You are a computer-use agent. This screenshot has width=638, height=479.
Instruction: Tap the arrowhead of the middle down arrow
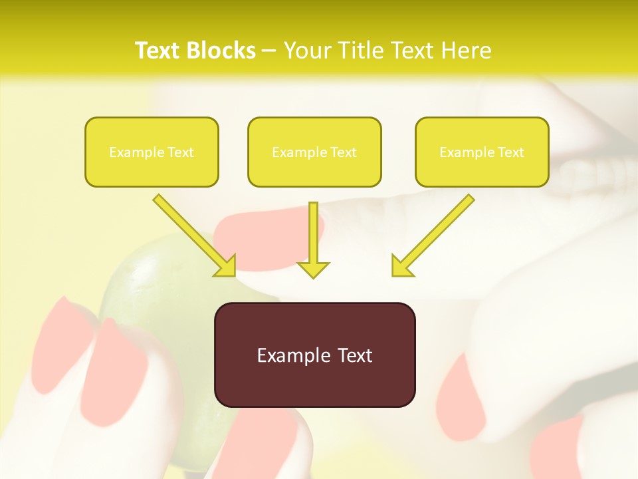313,269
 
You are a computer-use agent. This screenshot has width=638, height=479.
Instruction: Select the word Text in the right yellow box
510,152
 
